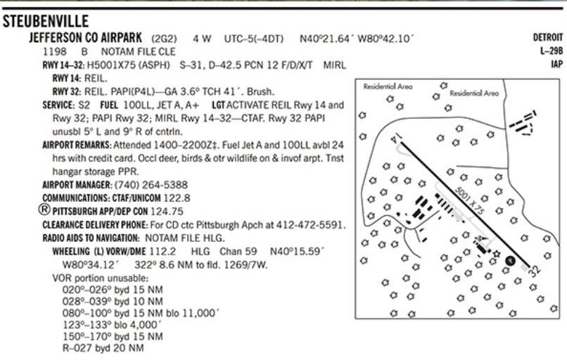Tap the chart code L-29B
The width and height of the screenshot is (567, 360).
point(552,51)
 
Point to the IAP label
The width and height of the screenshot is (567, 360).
point(557,64)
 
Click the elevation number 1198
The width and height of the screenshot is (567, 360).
point(54,51)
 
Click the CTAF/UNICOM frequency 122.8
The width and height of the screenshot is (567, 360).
point(177,198)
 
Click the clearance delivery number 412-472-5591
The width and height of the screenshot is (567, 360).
point(312,224)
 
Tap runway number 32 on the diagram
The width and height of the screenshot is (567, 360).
point(533,269)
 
